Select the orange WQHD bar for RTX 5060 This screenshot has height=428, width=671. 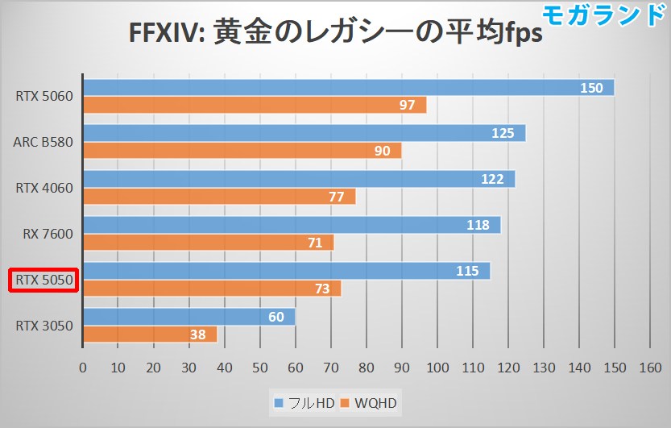pos(254,105)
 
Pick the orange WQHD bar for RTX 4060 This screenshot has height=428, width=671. pos(218,197)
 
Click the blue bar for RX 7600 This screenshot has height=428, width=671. pos(291,225)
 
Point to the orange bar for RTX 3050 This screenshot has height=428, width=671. pos(150,334)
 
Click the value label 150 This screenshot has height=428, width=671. pos(591,88)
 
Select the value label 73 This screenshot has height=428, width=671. pos(322,289)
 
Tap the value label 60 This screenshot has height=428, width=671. pos(276,317)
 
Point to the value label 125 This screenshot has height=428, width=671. pos(503,133)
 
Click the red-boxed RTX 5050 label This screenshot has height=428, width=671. pos(43,280)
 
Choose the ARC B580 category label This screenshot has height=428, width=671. pos(43,143)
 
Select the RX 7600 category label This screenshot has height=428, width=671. pos(48,235)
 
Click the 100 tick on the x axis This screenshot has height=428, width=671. pos(437,368)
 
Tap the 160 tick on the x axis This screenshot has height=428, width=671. pos(650,368)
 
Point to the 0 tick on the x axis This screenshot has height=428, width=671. pos(83,368)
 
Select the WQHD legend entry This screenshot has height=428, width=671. pos(369,402)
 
